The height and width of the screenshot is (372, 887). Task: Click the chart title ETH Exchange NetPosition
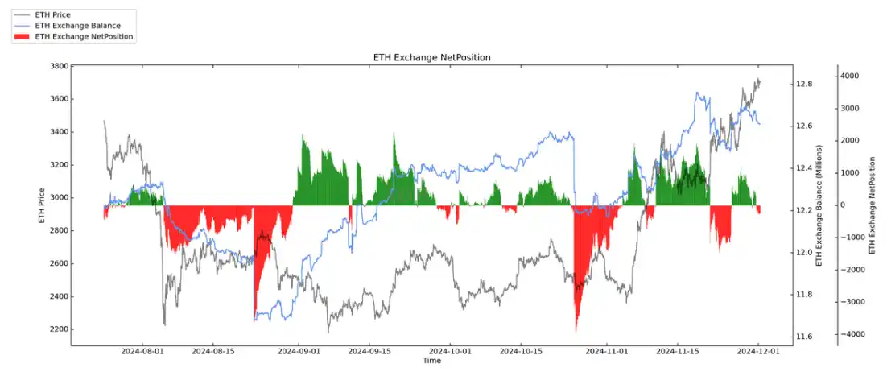point(431,58)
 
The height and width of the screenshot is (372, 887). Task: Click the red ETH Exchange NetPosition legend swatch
point(22,36)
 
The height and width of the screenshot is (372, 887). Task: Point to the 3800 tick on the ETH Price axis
point(56,67)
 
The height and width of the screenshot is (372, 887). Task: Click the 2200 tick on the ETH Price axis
point(56,329)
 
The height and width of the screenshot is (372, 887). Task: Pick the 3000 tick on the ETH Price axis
point(56,198)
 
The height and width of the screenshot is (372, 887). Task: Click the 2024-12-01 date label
point(759,352)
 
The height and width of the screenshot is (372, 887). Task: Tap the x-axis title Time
point(431,361)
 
